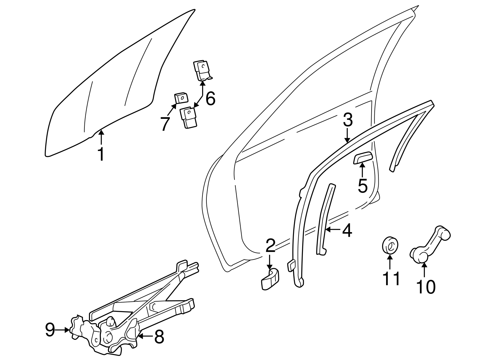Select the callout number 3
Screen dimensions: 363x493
pos(347,120)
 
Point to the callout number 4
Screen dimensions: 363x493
pos(347,230)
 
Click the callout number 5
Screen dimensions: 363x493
pos(362,186)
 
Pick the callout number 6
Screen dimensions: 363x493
pos(210,99)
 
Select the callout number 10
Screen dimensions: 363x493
pos(426,286)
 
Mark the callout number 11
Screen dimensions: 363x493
pos(391,279)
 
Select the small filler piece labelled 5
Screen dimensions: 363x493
pos(363,157)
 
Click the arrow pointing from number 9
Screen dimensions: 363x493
pos(63,330)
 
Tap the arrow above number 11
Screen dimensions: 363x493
pos(390,262)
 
